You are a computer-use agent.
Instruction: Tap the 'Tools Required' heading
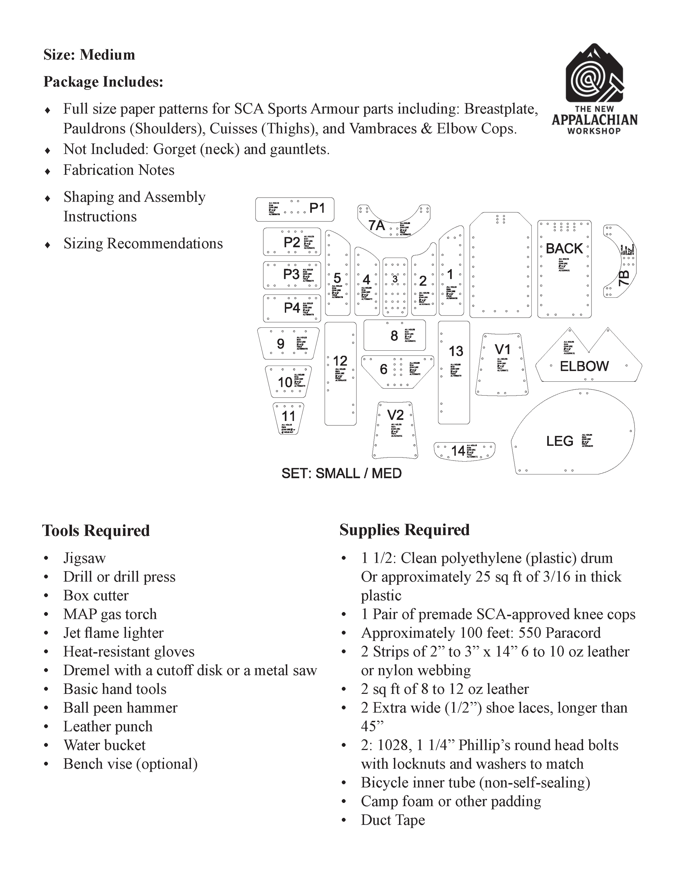tap(96, 531)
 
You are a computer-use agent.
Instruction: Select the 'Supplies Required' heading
tap(405, 530)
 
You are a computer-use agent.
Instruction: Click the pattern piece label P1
tap(317, 208)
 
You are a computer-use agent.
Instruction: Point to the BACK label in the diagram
tap(564, 249)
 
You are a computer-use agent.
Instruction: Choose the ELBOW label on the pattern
tap(584, 366)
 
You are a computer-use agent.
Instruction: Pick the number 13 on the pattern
tap(456, 351)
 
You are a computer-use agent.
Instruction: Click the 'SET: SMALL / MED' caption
tap(341, 473)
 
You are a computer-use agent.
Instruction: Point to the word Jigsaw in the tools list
tap(85, 558)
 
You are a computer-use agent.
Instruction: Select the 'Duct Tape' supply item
tap(393, 820)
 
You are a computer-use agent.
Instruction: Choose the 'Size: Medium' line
tap(89, 55)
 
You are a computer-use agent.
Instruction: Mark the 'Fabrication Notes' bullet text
tap(119, 170)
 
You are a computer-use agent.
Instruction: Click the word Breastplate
tap(501, 109)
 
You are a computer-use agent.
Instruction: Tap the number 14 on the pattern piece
tap(458, 450)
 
